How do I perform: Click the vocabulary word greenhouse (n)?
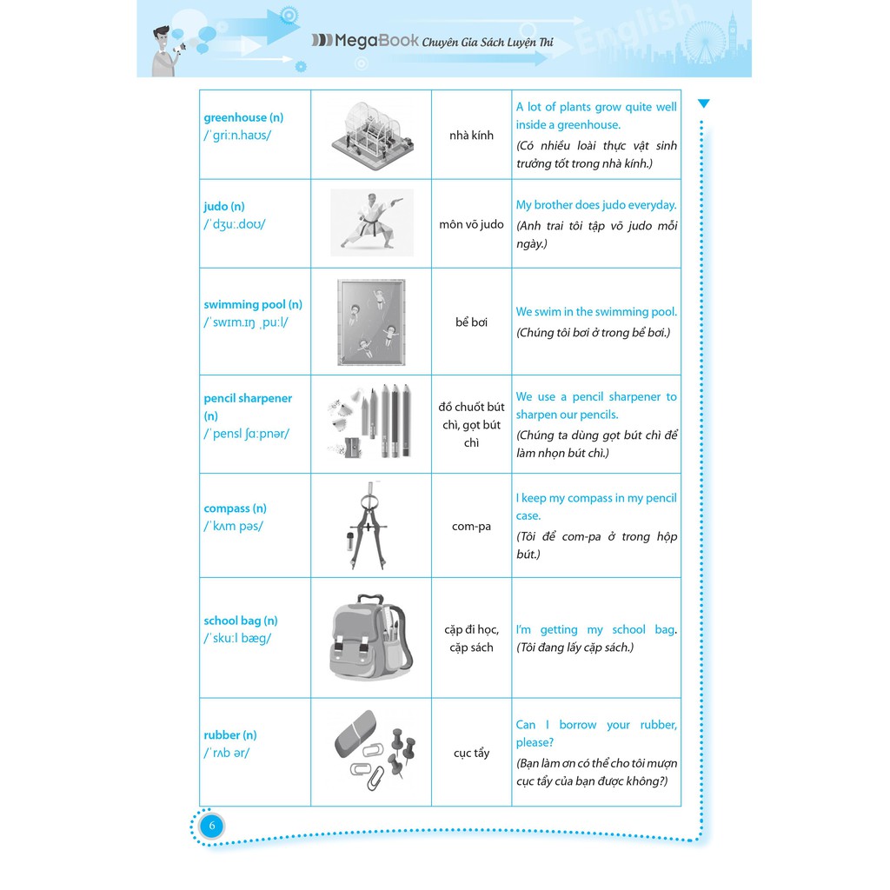[243, 117]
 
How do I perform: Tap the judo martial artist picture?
[371, 222]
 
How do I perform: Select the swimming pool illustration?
[371, 322]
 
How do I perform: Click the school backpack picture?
[371, 637]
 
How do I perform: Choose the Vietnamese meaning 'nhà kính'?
[472, 135]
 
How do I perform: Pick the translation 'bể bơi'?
[472, 322]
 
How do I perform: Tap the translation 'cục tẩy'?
[472, 753]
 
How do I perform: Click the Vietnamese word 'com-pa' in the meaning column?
[472, 526]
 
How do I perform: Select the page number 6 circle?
[211, 825]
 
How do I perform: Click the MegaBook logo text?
[366, 40]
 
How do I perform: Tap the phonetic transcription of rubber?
[227, 753]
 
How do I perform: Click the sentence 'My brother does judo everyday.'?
[596, 205]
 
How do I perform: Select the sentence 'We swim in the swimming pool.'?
[596, 311]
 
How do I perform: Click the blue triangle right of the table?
[704, 103]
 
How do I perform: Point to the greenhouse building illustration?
[371, 136]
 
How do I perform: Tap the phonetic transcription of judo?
[235, 224]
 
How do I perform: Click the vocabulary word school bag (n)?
[241, 621]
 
